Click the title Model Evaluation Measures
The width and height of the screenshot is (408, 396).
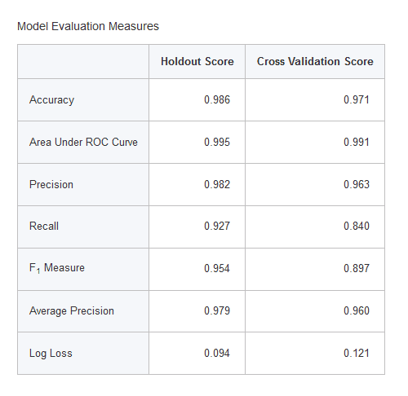[88, 26]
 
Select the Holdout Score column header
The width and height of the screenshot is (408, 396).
[197, 61]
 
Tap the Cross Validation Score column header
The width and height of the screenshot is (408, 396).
[315, 61]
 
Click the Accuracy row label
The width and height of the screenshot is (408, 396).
[51, 100]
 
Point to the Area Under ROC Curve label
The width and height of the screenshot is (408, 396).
[83, 142]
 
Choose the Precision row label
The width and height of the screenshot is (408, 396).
[51, 184]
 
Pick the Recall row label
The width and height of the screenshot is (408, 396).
[44, 226]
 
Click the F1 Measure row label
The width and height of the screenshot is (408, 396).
[57, 268]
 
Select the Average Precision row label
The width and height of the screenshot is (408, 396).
[72, 311]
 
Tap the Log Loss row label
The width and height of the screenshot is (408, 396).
[51, 354]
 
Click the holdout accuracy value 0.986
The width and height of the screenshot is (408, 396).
[217, 99]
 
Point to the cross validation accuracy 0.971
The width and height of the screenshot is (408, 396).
[357, 99]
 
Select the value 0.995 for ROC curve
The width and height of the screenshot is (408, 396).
[217, 142]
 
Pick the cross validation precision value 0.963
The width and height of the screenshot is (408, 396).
[357, 184]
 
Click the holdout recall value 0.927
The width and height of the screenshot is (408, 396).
[217, 226]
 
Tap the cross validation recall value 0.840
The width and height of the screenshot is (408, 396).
[357, 226]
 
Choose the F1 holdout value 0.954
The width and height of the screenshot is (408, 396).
[217, 268]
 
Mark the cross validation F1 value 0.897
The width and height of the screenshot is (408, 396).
[357, 268]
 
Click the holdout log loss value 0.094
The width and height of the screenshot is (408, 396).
[217, 353]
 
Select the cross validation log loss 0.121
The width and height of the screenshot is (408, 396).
[357, 353]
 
